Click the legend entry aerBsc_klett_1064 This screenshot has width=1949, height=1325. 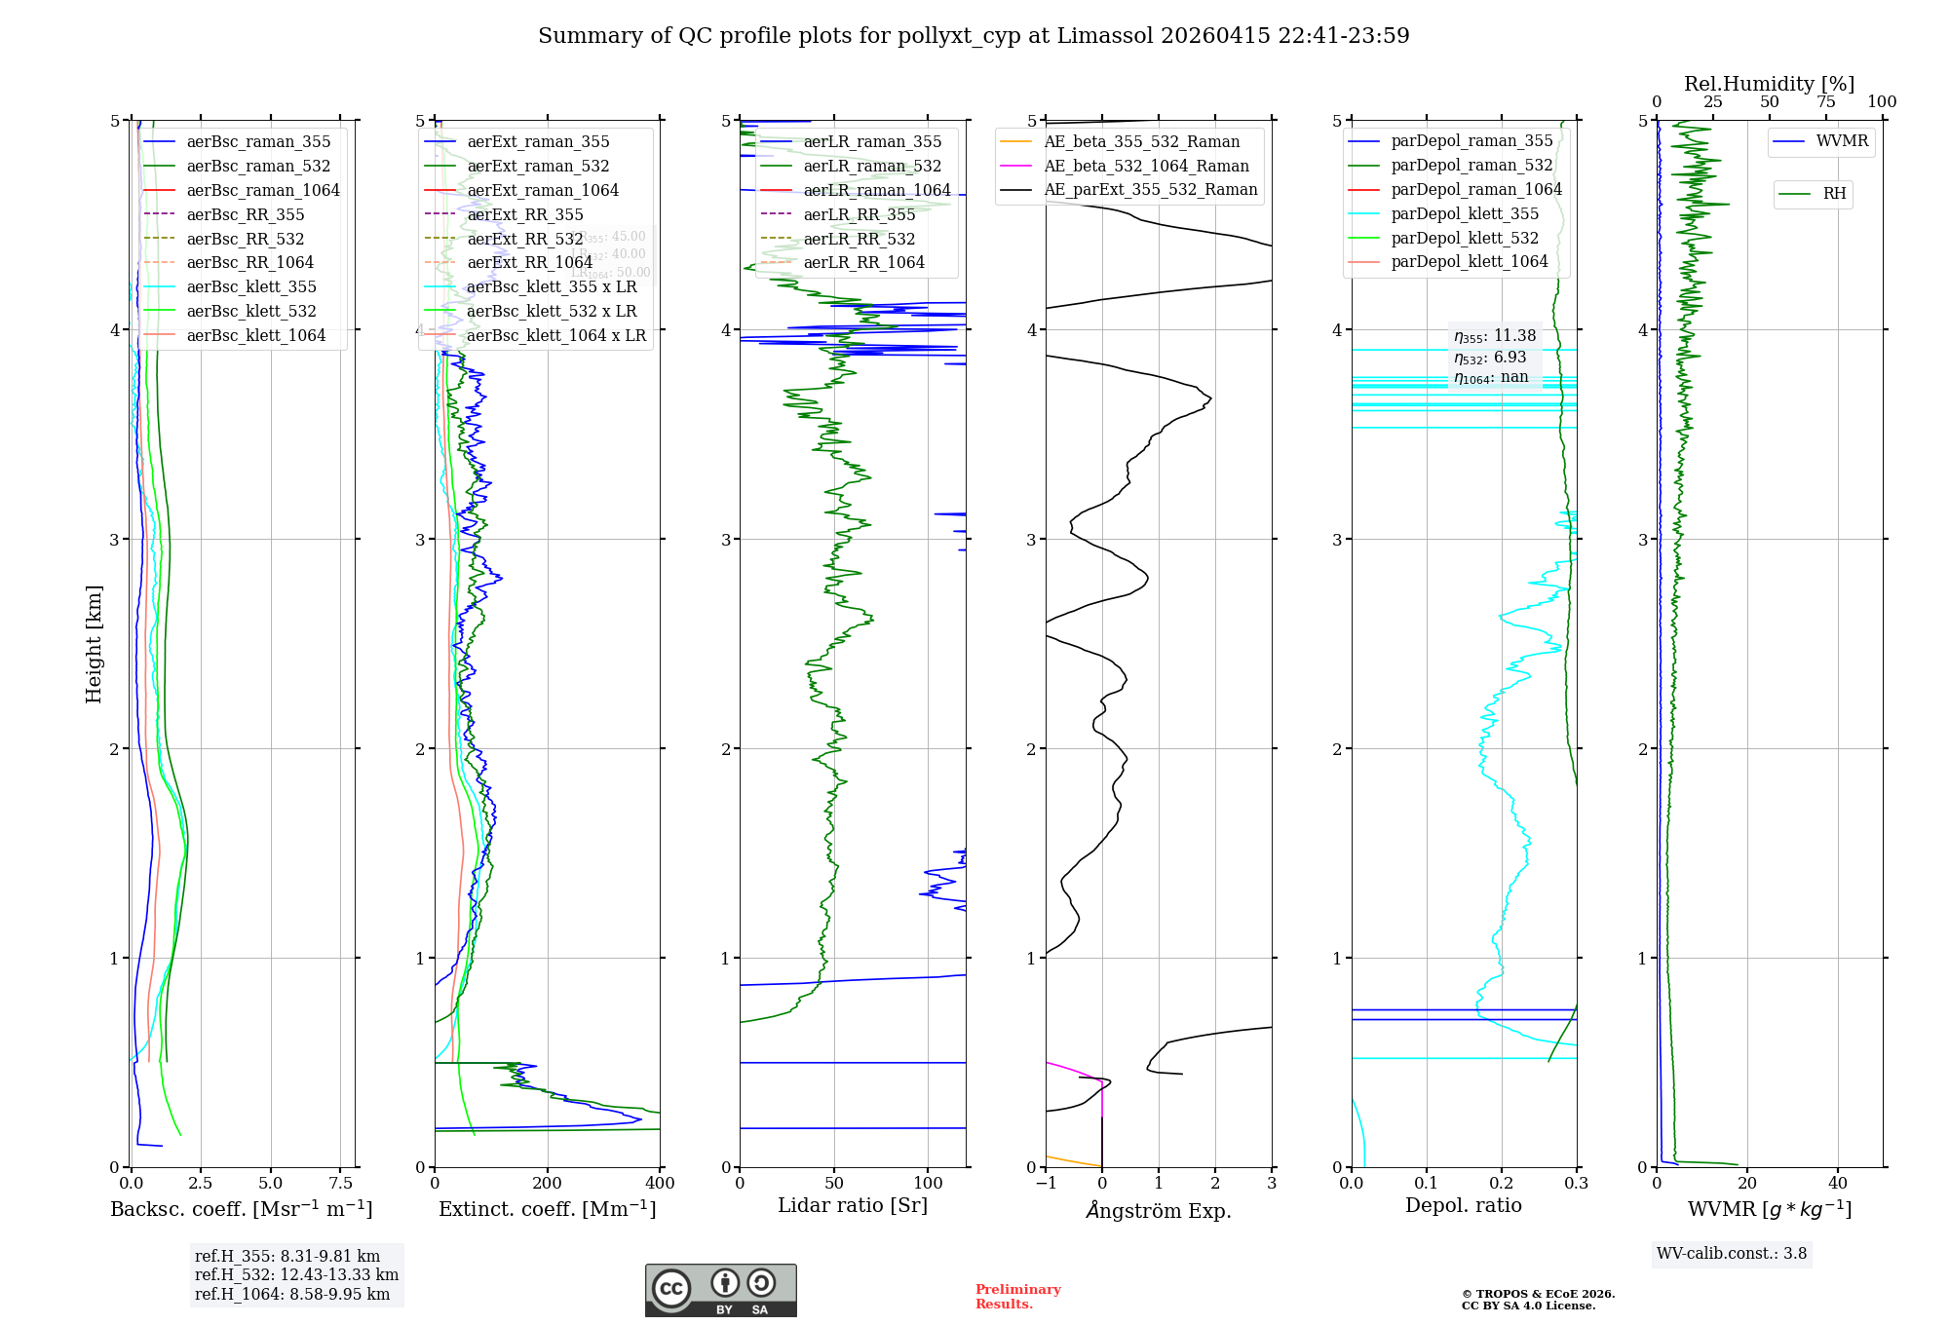255,335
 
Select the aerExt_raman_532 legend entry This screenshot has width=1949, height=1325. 538,166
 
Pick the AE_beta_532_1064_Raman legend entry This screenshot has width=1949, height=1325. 1146,166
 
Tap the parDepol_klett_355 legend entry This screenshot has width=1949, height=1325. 1465,213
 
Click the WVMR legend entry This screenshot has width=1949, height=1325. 1842,141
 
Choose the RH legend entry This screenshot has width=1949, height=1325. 1834,194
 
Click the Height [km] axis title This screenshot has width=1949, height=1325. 94,643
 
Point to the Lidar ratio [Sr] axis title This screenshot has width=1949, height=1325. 853,1205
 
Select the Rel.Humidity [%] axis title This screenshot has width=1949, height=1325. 1769,84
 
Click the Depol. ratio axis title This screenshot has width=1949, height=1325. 1463,1205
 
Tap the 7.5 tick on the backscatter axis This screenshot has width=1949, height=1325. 340,1184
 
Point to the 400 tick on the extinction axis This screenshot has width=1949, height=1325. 660,1184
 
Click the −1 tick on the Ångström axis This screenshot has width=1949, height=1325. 1046,1184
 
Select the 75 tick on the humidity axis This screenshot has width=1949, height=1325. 1825,102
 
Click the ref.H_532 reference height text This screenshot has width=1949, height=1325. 296,1274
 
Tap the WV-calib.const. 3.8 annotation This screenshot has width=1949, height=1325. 1732,1254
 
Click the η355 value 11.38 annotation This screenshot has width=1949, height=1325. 1495,336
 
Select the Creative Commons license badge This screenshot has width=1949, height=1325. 720,1290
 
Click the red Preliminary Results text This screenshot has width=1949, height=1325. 1017,1297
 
